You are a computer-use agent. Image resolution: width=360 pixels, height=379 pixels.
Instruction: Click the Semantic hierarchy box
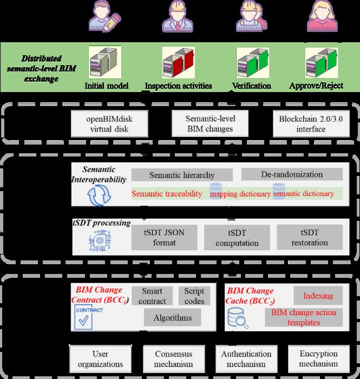click(x=182, y=175)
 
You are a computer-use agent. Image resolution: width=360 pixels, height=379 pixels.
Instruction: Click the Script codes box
click(x=194, y=296)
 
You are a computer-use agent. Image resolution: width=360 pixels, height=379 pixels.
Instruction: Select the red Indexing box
click(x=319, y=296)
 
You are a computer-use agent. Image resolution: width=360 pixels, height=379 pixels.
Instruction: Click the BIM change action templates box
click(x=307, y=317)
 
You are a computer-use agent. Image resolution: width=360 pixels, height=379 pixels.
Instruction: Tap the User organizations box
click(x=102, y=358)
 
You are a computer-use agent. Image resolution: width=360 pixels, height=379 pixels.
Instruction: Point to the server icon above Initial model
click(x=104, y=64)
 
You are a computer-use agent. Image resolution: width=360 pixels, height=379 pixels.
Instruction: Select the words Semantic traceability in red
click(x=163, y=193)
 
